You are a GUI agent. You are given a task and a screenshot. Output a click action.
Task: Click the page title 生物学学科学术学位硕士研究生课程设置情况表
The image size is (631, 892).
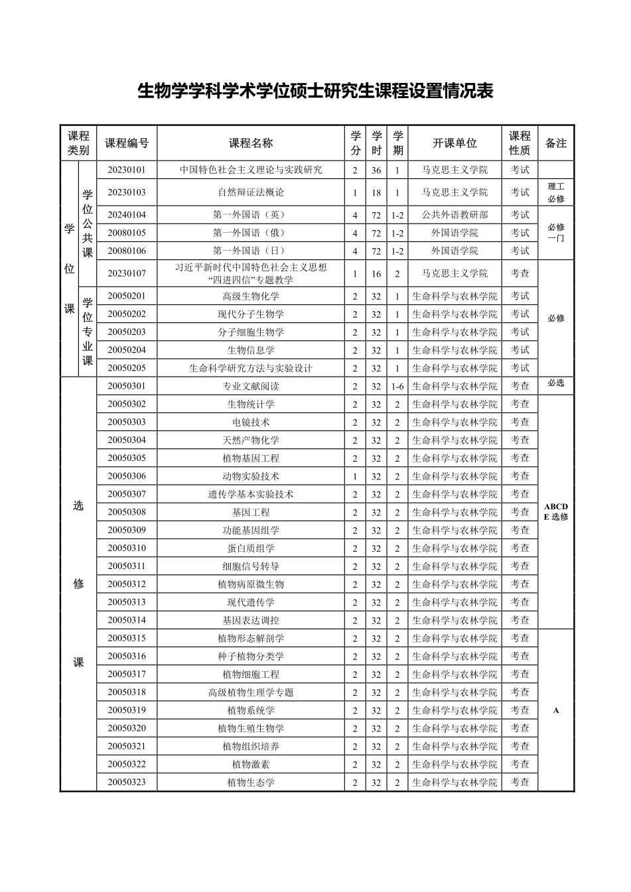pyautogui.click(x=315, y=91)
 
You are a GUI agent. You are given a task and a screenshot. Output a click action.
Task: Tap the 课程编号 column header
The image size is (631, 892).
pyautogui.click(x=127, y=143)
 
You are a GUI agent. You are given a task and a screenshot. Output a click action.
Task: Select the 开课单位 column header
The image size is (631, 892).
pyautogui.click(x=455, y=143)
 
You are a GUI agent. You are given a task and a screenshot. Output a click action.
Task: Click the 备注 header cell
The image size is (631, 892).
pyautogui.click(x=556, y=143)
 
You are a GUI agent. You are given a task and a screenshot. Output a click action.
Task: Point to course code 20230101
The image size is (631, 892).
pyautogui.click(x=127, y=170)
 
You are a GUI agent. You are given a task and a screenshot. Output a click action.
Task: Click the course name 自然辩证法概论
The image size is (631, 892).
pyautogui.click(x=251, y=192)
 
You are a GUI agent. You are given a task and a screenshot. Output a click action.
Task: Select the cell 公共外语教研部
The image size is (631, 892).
pyautogui.click(x=455, y=215)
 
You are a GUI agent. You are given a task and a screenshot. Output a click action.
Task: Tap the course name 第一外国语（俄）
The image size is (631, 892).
pyautogui.click(x=251, y=233)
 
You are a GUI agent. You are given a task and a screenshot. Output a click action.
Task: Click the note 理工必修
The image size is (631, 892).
pyautogui.click(x=556, y=192)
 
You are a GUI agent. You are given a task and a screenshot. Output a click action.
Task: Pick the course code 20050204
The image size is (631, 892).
pyautogui.click(x=127, y=350)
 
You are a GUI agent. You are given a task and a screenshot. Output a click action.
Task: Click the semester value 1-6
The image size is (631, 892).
pyautogui.click(x=397, y=386)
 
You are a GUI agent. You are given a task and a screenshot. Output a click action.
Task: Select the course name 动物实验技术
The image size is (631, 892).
pyautogui.click(x=251, y=476)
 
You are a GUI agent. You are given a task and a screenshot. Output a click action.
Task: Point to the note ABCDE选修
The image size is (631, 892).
pyautogui.click(x=556, y=511)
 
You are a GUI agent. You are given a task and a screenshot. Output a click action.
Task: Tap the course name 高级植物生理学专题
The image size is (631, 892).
pyautogui.click(x=251, y=692)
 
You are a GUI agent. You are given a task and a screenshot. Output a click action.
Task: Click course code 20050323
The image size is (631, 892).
pyautogui.click(x=127, y=783)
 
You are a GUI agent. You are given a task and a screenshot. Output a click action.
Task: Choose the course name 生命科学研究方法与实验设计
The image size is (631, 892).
pyautogui.click(x=251, y=368)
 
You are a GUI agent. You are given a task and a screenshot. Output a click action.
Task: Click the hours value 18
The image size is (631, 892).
pyautogui.click(x=376, y=193)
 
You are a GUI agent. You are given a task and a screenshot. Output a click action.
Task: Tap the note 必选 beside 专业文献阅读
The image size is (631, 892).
pyautogui.click(x=556, y=383)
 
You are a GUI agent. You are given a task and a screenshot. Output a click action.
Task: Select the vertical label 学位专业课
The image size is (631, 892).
pyautogui.click(x=88, y=332)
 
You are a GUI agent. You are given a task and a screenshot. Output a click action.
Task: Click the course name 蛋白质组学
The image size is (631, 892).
pyautogui.click(x=251, y=548)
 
